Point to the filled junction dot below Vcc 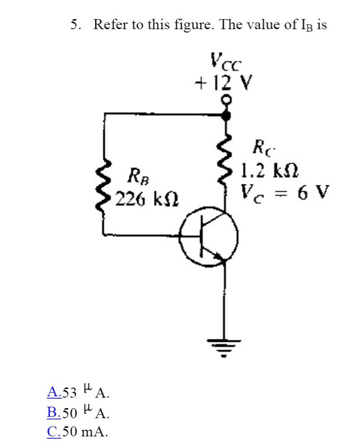pyautogui.click(x=227, y=115)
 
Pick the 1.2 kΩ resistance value pyautogui.click(x=270, y=170)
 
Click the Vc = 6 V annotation pyautogui.click(x=285, y=192)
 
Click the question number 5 pyautogui.click(x=76, y=25)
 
